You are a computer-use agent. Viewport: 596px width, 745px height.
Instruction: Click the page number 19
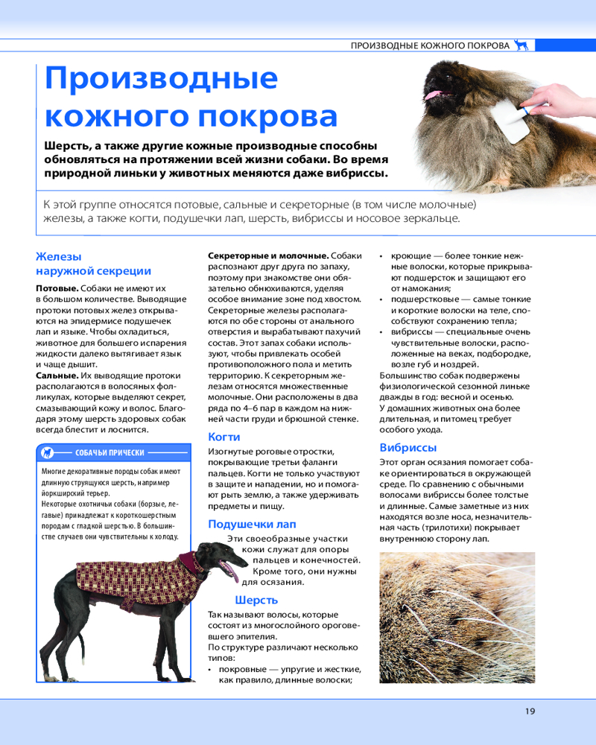coord(530,711)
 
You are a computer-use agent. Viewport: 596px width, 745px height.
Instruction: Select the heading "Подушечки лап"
coord(252,524)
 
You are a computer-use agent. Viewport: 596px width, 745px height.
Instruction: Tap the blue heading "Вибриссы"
coord(408,448)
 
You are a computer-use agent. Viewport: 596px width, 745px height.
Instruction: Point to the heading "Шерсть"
coord(256,600)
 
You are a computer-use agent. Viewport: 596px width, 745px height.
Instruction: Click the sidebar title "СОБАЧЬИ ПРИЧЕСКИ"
coord(110,452)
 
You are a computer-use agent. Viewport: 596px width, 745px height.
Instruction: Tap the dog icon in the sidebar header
coord(47,452)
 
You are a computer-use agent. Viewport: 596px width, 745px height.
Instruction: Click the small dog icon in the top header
coord(522,45)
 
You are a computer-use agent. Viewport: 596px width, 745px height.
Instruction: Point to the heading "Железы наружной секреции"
coord(93,264)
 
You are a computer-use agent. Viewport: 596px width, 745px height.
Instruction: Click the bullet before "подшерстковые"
coord(382,299)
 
